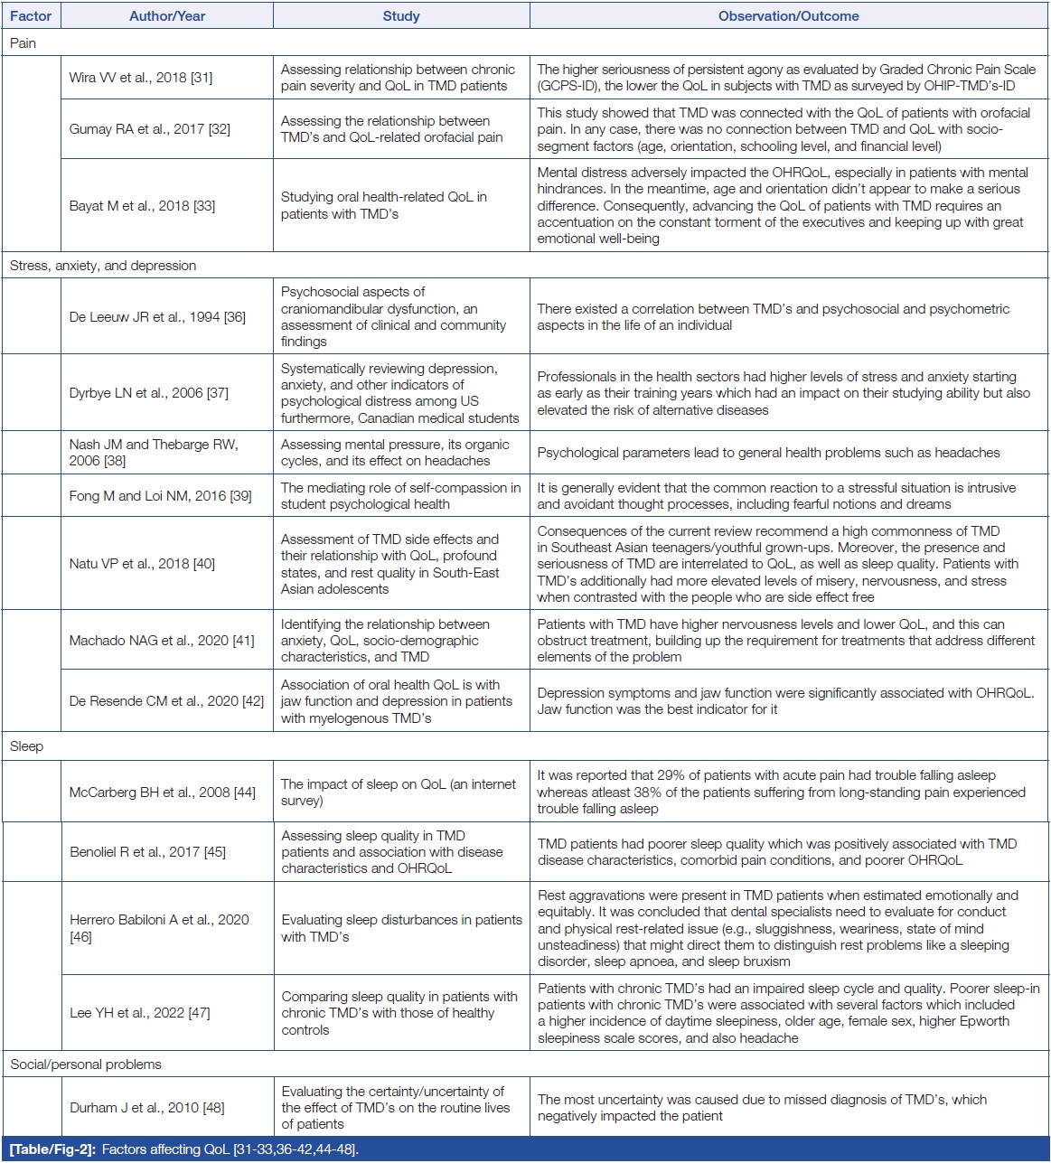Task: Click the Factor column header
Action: point(31,16)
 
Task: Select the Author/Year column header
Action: point(167,16)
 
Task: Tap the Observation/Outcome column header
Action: point(788,16)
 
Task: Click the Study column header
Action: point(401,16)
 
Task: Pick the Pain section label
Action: point(23,43)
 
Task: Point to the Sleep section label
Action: point(27,746)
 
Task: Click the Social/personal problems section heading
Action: point(86,1065)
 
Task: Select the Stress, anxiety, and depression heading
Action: point(103,266)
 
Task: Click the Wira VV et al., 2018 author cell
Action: point(141,78)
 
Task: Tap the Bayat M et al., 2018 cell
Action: point(143,206)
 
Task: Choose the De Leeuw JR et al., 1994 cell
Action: point(157,317)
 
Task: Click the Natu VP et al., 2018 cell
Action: point(142,564)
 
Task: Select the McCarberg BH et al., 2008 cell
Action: point(163,793)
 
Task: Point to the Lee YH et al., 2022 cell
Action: point(140,1013)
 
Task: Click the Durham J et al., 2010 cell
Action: point(147,1108)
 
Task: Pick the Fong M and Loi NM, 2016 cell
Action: point(161,496)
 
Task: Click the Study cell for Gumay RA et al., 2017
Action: point(391,129)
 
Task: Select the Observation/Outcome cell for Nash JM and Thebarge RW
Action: point(769,453)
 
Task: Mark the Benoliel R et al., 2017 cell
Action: point(148,852)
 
